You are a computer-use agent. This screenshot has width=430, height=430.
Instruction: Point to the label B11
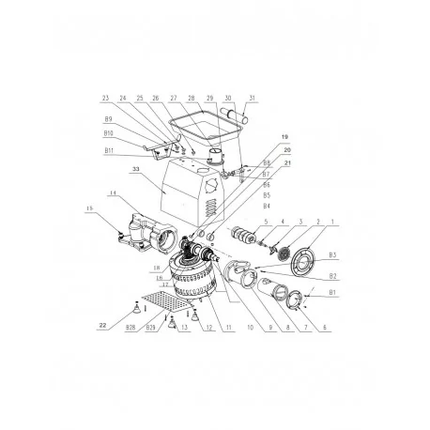(110, 150)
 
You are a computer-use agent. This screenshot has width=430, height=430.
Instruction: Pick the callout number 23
(107, 98)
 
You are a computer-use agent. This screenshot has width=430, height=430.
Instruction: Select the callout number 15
(90, 207)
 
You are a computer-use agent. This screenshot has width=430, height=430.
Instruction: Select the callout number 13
(186, 330)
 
